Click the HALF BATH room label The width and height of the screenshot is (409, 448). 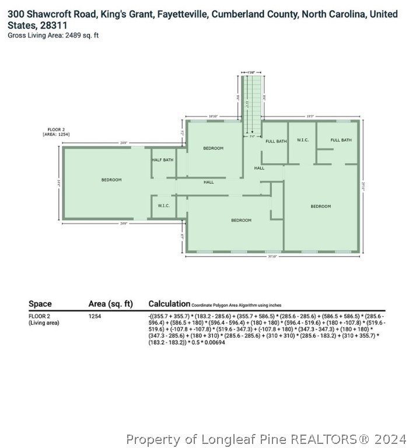point(162,160)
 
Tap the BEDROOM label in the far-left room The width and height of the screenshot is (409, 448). point(111,180)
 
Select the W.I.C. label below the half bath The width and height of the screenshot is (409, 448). point(163,205)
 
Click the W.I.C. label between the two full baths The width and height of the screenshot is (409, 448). point(302,140)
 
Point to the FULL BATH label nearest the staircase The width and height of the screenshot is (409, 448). point(275,141)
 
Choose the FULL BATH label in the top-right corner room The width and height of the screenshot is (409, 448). point(341,140)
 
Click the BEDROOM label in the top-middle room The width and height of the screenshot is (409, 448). point(213,148)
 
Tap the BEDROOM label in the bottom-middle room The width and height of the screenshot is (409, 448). point(241,220)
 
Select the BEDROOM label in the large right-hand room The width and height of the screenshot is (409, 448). point(320,206)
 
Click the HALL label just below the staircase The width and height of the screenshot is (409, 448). point(259,168)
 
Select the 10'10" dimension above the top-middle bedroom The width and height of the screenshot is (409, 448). point(213,117)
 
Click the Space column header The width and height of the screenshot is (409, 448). point(40,304)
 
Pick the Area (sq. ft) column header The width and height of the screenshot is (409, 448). point(111,304)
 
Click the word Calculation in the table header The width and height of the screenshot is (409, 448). point(169,304)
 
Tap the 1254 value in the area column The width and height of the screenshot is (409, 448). point(95,316)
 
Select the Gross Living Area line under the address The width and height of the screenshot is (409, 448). point(54,36)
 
